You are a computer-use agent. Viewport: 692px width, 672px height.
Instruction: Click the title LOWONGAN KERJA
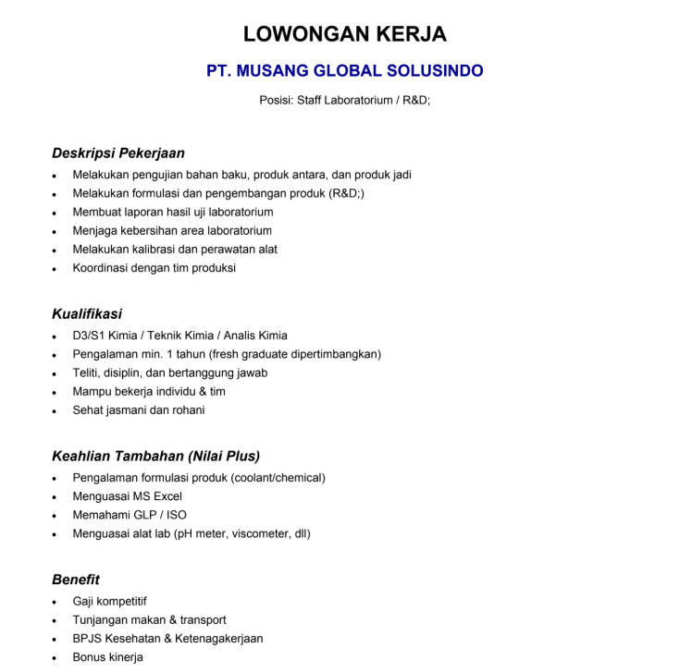pos(345,35)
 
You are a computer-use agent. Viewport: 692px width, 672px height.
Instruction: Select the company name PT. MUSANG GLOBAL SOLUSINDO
pos(345,71)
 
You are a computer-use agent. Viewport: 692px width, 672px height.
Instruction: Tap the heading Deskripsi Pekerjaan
pos(118,153)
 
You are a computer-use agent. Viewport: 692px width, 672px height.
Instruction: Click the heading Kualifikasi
pos(87,314)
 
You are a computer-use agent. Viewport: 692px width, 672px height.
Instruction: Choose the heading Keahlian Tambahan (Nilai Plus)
pos(155,456)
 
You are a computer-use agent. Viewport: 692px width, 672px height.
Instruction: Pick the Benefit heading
pos(76,580)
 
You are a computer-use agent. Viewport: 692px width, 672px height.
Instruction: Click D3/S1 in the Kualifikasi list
pos(88,336)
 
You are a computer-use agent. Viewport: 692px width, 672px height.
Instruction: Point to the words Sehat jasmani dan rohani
pos(139,409)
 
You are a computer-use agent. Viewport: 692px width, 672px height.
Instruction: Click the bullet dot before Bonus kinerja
pos(56,657)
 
